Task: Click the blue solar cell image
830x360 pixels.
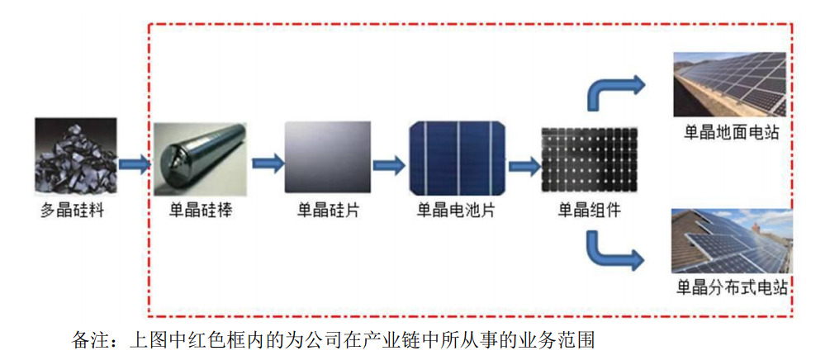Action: click(456, 158)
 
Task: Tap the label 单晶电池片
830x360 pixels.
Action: click(456, 211)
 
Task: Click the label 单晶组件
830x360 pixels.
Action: click(590, 211)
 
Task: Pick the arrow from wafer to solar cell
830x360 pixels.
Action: click(390, 163)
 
